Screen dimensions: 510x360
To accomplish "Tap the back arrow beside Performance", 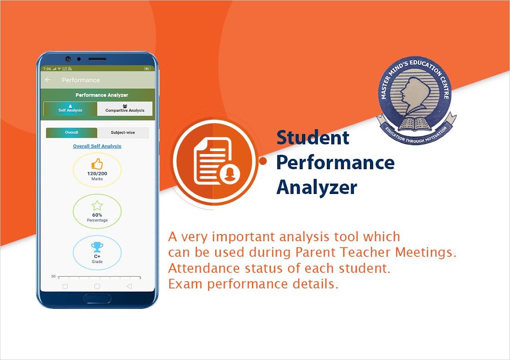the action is click(x=48, y=80).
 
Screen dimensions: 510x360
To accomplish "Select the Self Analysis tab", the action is click(x=70, y=108).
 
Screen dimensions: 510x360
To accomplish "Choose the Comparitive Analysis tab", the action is click(x=125, y=108).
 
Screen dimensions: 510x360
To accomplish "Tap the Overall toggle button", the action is click(x=72, y=133).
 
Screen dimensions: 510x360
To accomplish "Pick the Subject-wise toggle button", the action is click(x=123, y=133).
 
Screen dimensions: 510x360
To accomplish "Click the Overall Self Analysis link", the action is click(x=97, y=146).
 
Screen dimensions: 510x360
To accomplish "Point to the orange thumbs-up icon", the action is click(x=97, y=164).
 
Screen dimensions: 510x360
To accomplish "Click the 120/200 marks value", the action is click(x=97, y=174).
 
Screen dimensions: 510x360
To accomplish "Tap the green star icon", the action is click(x=97, y=206).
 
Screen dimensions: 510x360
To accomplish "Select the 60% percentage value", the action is click(x=97, y=215).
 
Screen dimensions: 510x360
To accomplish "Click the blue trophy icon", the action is click(x=97, y=247).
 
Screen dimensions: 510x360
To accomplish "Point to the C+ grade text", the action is click(x=97, y=256).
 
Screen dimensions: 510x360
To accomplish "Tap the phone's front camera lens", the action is click(x=68, y=59).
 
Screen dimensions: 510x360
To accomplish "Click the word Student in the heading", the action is click(x=313, y=138).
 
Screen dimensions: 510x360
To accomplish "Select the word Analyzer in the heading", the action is click(x=317, y=188).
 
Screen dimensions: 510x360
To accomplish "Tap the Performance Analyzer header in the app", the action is click(x=102, y=95).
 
